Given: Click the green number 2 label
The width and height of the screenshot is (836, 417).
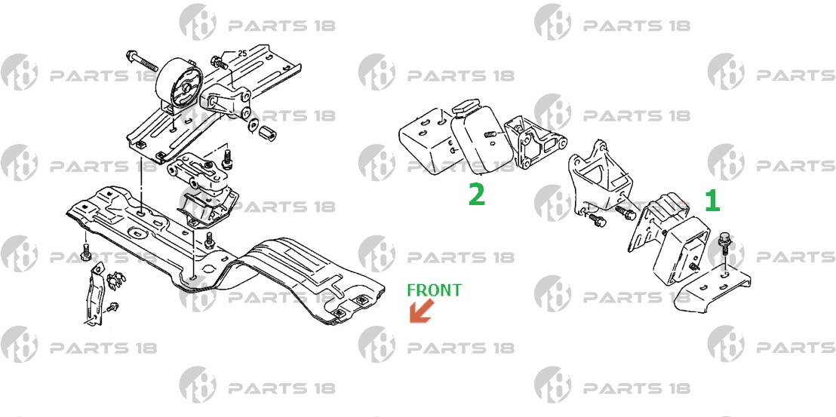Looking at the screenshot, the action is coord(477,194).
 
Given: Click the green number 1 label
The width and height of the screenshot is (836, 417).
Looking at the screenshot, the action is coord(713,201).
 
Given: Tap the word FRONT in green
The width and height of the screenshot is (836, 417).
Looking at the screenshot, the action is coord(435,290).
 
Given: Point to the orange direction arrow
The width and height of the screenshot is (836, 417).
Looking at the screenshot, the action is coord(421,311).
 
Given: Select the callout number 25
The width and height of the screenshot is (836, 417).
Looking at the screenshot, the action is coord(242,54).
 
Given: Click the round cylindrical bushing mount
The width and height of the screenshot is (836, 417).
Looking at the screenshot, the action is coord(180,84).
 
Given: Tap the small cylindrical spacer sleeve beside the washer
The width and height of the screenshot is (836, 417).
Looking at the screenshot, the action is coord(268,133).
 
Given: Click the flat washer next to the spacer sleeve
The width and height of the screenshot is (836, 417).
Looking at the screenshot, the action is coord(254,126).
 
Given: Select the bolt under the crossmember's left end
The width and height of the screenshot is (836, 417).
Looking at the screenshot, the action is coord(85,253).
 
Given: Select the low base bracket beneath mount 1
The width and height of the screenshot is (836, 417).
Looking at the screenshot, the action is coord(712,290).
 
